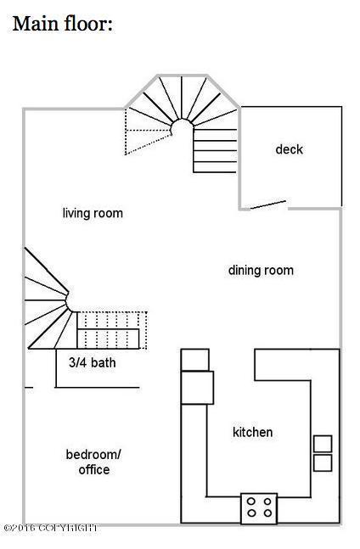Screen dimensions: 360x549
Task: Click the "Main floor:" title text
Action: (x=63, y=25)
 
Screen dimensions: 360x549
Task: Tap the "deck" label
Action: (x=289, y=149)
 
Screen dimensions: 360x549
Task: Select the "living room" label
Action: (x=93, y=213)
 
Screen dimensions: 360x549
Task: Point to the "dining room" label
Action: (x=261, y=271)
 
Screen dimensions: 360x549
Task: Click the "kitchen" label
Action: (x=252, y=432)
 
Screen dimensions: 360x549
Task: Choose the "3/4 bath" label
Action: (x=92, y=362)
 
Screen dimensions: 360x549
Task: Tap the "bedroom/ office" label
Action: (x=93, y=462)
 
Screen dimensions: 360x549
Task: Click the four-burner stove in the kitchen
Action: (x=259, y=509)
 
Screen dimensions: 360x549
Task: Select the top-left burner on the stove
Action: (x=251, y=501)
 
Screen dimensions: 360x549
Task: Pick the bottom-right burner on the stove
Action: (x=267, y=513)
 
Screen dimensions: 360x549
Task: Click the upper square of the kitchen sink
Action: (x=323, y=444)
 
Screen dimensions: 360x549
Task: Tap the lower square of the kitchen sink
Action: (x=323, y=462)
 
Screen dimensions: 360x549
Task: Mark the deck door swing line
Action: (x=268, y=204)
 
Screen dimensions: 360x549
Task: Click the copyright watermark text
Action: (x=51, y=528)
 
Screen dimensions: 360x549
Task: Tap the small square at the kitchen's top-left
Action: (x=195, y=360)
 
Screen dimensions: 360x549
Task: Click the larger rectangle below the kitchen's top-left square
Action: (x=197, y=388)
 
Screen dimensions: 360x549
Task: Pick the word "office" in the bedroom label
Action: (x=94, y=469)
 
